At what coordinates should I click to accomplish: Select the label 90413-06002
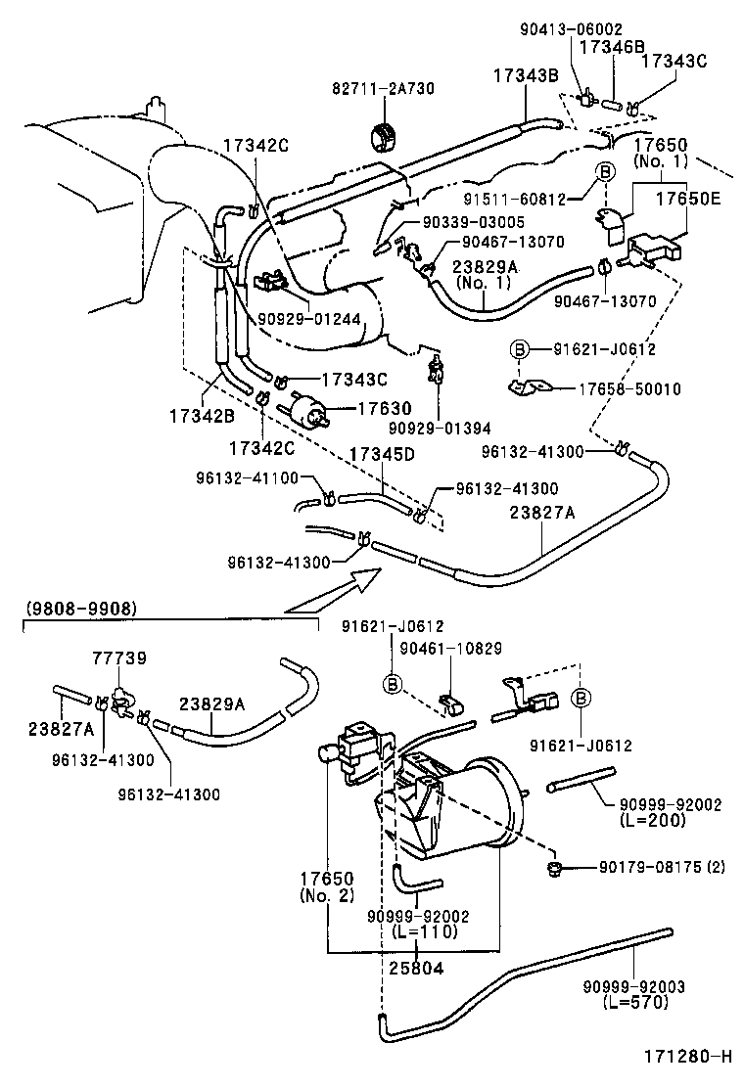click(571, 31)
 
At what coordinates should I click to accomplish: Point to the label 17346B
click(612, 46)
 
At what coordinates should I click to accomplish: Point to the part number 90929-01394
click(439, 428)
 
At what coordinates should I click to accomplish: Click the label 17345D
click(382, 455)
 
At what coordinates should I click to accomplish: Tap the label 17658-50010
click(628, 389)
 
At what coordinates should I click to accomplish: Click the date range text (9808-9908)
click(80, 609)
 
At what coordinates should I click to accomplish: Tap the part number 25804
click(417, 969)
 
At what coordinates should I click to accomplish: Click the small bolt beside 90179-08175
click(554, 868)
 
